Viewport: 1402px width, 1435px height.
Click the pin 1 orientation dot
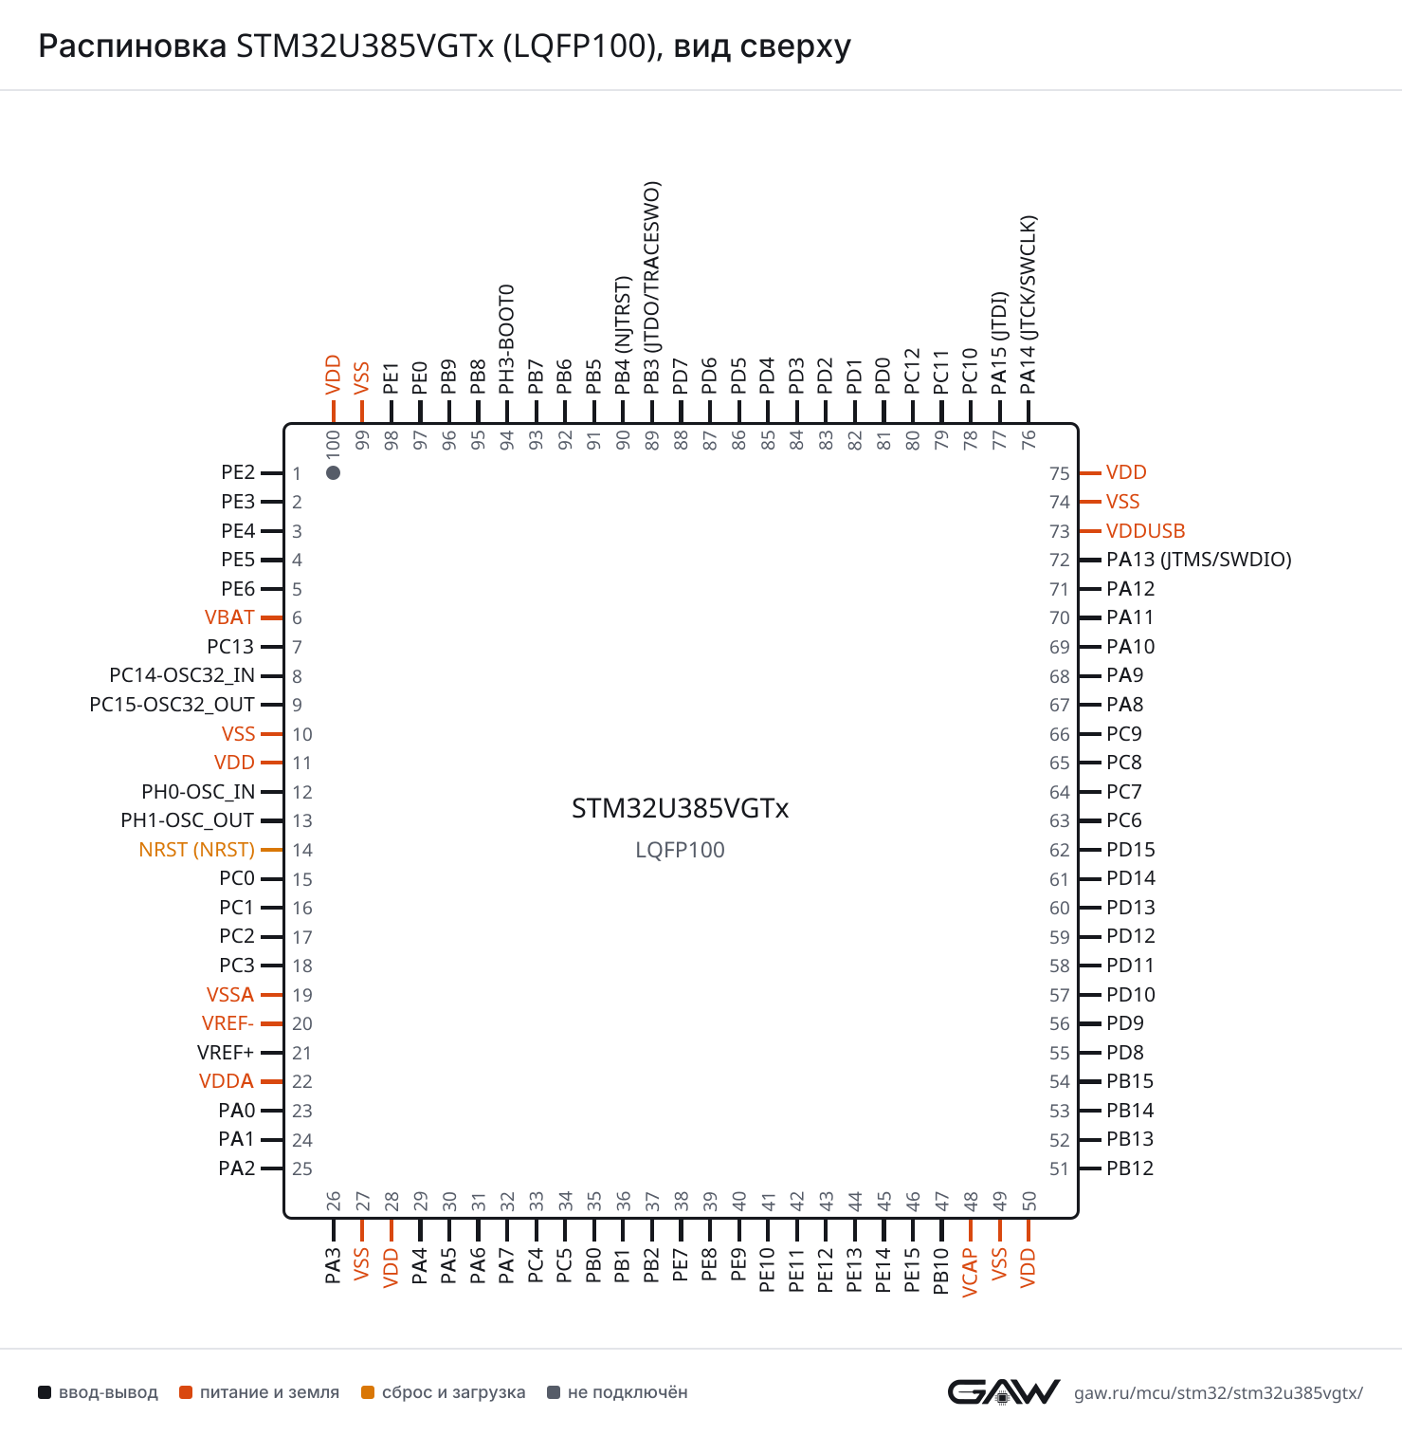[x=333, y=472]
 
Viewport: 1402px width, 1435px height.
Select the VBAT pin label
[x=229, y=617]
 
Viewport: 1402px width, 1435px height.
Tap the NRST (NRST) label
[x=197, y=850]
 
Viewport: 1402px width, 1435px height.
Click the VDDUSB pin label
[x=1146, y=531]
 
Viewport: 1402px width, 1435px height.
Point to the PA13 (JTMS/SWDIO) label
[x=1199, y=560]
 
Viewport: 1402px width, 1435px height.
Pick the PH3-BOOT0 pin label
[x=507, y=339]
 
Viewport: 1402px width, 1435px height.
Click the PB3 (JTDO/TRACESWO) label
[x=652, y=288]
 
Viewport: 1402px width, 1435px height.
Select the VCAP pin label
[x=970, y=1272]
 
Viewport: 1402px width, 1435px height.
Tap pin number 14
[x=302, y=850]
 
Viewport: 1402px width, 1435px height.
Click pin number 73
[x=1060, y=531]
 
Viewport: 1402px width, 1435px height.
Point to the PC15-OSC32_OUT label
[x=172, y=705]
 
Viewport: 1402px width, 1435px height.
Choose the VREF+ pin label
[x=226, y=1053]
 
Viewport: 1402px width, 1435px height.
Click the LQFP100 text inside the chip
[x=680, y=850]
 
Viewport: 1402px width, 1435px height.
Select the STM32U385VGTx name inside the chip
[x=680, y=808]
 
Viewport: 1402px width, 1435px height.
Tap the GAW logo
[x=1004, y=1391]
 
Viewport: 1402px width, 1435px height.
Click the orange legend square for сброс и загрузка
[x=368, y=1392]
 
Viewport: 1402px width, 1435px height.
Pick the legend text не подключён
[x=628, y=1392]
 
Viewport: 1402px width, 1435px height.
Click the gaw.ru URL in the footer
[x=1218, y=1392]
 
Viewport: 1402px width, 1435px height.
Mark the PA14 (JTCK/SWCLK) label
[x=1029, y=304]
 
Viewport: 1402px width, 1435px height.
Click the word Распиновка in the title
[x=133, y=46]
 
